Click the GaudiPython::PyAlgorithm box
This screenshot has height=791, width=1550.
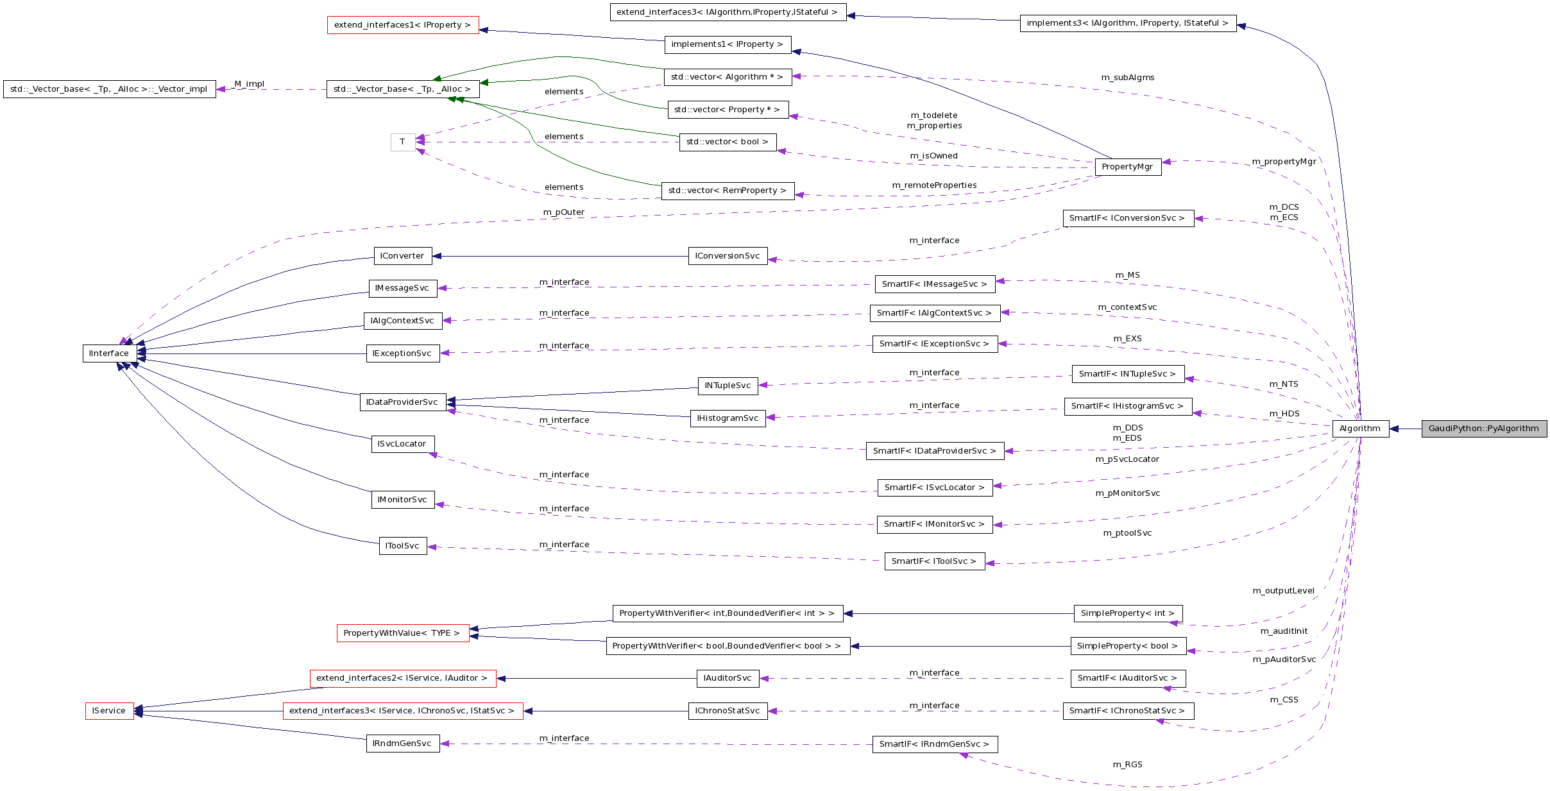click(x=1483, y=429)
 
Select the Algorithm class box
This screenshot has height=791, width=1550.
click(x=1360, y=429)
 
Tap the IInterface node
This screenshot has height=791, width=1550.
click(x=109, y=353)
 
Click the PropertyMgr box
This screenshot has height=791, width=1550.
click(x=1127, y=167)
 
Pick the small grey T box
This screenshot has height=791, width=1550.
click(x=402, y=142)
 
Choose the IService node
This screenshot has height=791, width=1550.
click(x=109, y=711)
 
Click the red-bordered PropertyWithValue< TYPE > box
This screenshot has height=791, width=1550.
click(x=402, y=633)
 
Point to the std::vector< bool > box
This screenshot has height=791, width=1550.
click(x=728, y=142)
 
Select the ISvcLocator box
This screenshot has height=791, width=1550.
click(x=402, y=444)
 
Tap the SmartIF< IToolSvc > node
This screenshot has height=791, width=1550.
click(x=934, y=561)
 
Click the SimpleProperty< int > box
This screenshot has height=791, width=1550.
click(x=1128, y=613)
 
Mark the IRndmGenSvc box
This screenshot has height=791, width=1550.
click(x=402, y=744)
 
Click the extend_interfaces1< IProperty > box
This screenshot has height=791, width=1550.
click(x=403, y=25)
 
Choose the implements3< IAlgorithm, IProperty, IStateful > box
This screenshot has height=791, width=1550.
click(x=1128, y=23)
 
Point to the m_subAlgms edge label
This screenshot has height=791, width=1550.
click(x=1128, y=78)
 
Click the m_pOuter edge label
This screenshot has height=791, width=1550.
click(x=564, y=212)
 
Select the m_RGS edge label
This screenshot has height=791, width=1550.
click(x=1128, y=765)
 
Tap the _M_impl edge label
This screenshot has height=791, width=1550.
click(x=248, y=84)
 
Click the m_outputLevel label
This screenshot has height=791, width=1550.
click(x=1284, y=591)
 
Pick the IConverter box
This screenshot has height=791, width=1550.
click(x=402, y=256)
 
